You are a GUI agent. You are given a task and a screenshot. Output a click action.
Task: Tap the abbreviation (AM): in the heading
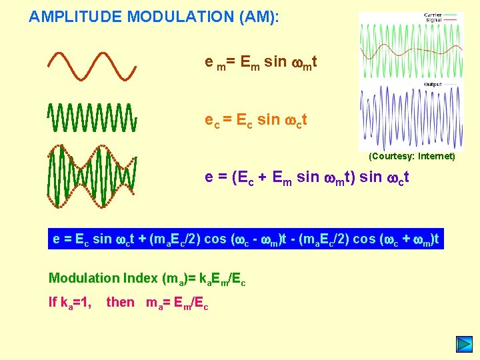pyautogui.click(x=259, y=17)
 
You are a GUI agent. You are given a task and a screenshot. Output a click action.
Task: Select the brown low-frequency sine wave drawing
pyautogui.click(x=92, y=66)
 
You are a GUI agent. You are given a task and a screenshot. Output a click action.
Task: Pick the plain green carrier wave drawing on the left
pyautogui.click(x=92, y=118)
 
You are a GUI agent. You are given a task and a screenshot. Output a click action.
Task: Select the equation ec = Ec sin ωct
pyautogui.click(x=255, y=121)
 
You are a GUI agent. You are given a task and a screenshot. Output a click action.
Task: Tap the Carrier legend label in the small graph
pyautogui.click(x=435, y=15)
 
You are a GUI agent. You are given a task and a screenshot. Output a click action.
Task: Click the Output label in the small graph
pyautogui.click(x=433, y=85)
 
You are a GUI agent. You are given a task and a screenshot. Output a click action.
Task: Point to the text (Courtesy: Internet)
pyautogui.click(x=412, y=156)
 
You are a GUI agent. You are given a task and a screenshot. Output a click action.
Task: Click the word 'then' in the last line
pyautogui.click(x=120, y=302)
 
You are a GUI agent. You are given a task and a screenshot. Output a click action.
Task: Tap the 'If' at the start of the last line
pyautogui.click(x=53, y=302)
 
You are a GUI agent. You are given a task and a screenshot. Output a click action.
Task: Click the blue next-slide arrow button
pyautogui.click(x=463, y=345)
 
